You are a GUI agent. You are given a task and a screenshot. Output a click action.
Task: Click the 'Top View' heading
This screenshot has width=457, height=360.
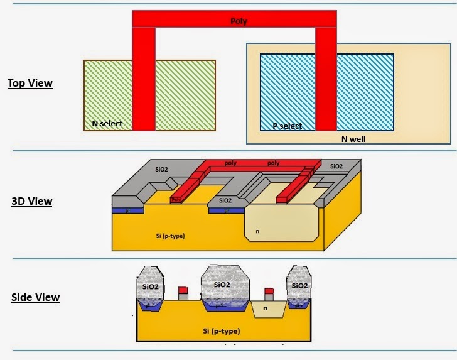click(x=30, y=83)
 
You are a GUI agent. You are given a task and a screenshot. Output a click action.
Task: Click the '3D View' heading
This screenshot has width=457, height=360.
click(x=31, y=202)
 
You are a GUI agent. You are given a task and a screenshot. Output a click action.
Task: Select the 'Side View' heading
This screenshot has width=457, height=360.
click(x=35, y=297)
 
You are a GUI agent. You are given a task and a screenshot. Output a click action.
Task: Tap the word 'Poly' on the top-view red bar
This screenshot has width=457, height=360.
click(x=239, y=21)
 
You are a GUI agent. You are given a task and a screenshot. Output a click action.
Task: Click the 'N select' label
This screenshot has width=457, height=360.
click(x=107, y=124)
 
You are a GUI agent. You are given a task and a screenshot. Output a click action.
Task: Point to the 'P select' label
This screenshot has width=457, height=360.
click(x=287, y=126)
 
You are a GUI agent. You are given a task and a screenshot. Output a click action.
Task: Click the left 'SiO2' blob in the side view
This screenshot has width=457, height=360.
click(x=150, y=285)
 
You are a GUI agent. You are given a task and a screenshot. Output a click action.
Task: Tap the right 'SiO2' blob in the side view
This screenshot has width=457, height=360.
click(x=299, y=285)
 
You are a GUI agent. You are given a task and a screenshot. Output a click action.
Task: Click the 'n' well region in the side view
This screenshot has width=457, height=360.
click(x=265, y=308)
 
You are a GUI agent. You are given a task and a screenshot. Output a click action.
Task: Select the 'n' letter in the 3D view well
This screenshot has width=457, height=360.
click(x=257, y=231)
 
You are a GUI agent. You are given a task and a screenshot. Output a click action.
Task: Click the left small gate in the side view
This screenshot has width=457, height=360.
click(x=183, y=293)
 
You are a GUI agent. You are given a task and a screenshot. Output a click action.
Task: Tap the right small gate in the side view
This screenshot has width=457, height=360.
click(x=269, y=293)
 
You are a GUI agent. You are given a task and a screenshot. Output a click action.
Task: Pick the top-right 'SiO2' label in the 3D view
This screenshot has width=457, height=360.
click(x=336, y=166)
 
